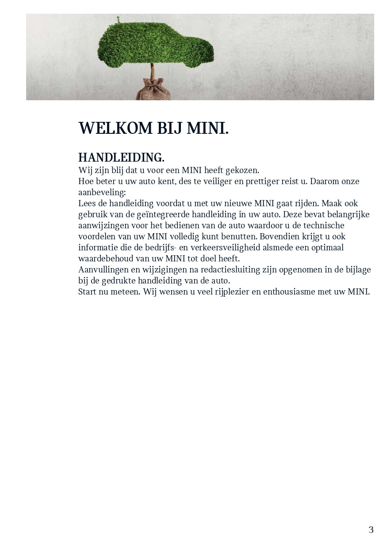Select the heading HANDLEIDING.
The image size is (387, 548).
[121, 158]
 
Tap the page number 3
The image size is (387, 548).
[371, 530]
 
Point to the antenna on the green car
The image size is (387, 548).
[118, 19]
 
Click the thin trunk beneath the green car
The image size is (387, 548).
[153, 72]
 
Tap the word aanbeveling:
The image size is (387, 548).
[102, 192]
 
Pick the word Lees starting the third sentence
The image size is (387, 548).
[86, 203]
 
